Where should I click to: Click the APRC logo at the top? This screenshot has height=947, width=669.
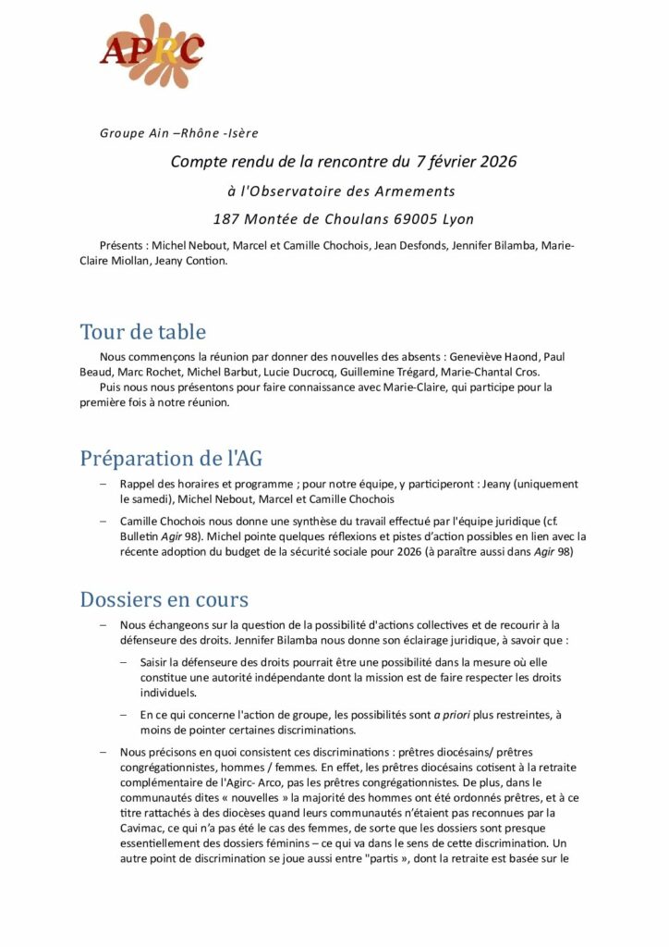click(152, 50)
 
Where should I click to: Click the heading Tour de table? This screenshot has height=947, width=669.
click(142, 331)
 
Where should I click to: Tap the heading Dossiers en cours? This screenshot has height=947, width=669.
click(164, 598)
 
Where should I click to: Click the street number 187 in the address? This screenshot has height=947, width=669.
click(227, 219)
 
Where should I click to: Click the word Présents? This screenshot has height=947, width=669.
click(123, 245)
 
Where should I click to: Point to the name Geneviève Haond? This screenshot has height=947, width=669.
click(494, 356)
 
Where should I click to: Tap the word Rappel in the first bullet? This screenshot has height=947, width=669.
click(139, 484)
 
